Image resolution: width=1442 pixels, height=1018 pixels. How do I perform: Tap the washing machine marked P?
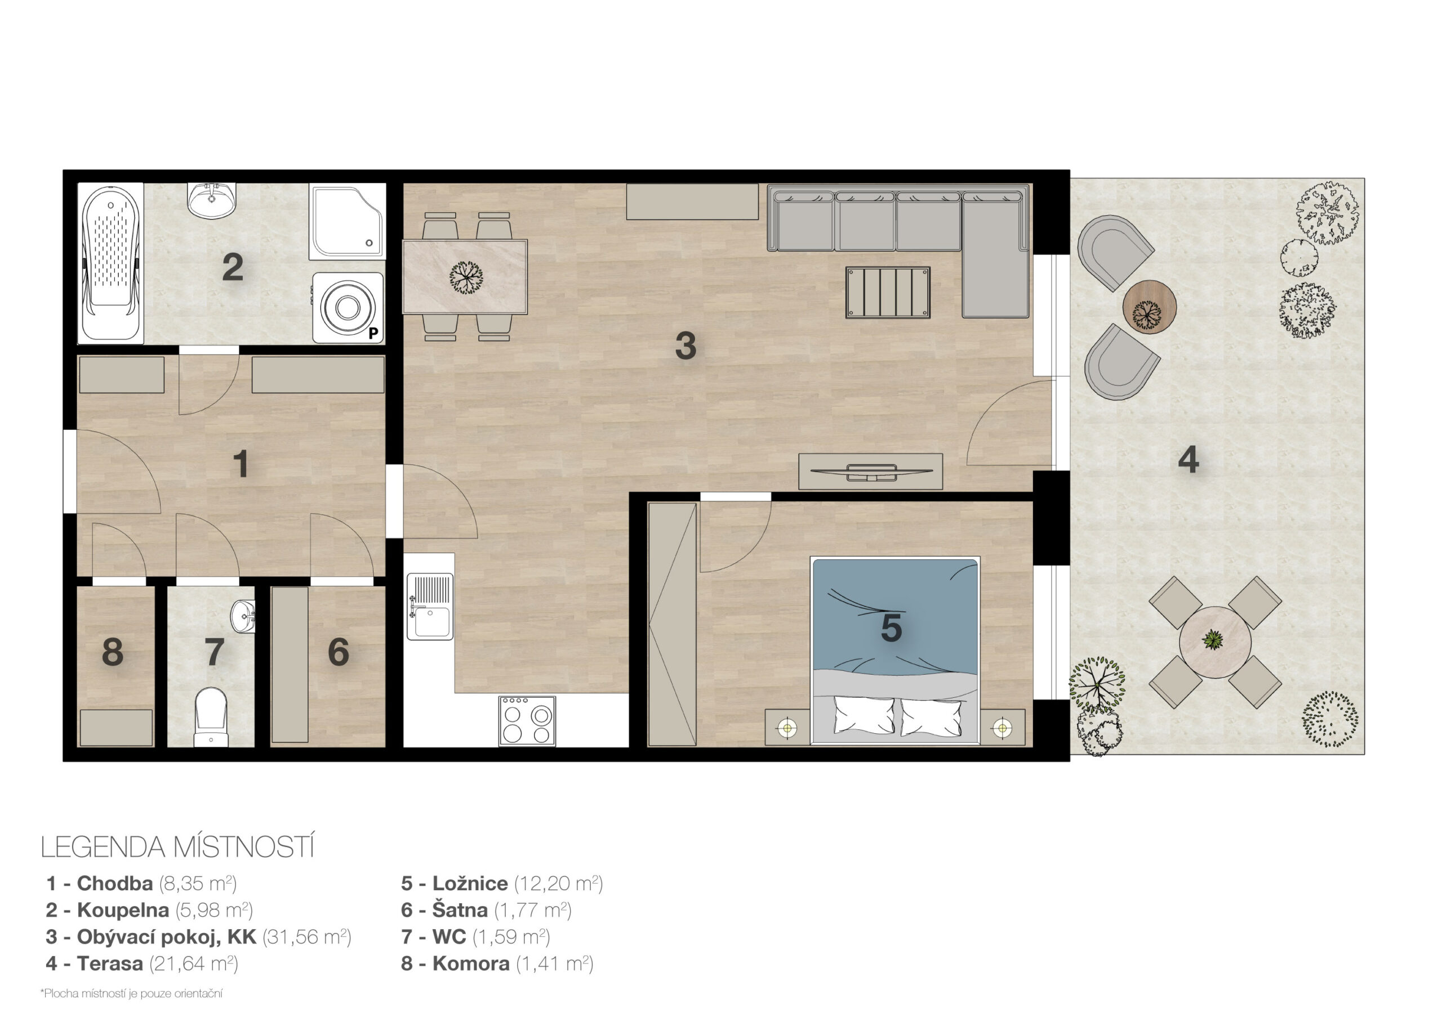[x=348, y=307]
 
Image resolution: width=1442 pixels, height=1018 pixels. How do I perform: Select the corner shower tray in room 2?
[x=348, y=222]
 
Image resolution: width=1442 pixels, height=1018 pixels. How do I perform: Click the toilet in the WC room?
[x=211, y=717]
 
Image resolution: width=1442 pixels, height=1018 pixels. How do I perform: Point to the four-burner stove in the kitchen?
[x=527, y=720]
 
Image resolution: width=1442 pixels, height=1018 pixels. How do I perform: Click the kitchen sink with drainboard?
[x=430, y=606]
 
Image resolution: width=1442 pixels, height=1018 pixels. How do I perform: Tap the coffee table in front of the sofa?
[x=887, y=293]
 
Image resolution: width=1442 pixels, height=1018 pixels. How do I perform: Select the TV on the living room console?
[x=871, y=472]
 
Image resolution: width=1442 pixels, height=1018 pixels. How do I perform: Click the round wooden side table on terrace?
[x=1149, y=307]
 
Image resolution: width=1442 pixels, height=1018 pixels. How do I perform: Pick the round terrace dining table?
[x=1214, y=642]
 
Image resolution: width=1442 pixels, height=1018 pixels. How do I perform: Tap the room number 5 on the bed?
[x=891, y=628]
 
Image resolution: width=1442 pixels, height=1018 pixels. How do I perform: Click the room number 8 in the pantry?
[x=113, y=652]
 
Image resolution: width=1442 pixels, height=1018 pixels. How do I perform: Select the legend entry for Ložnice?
[x=502, y=883]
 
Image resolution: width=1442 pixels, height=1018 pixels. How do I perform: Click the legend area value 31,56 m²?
[x=306, y=936]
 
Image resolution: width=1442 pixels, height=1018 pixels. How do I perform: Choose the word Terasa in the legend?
[x=110, y=963]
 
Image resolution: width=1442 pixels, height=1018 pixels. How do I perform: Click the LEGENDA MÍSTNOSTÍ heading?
[x=177, y=847]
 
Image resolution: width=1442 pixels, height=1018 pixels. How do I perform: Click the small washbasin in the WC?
[x=244, y=616]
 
